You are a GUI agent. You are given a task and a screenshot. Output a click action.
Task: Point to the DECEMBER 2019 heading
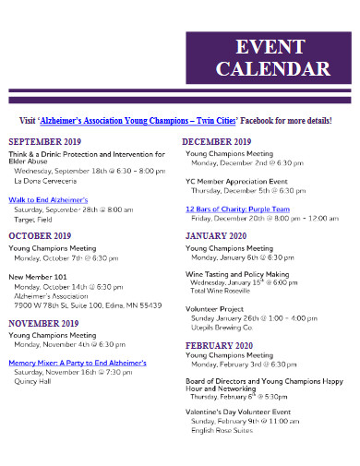[218, 141]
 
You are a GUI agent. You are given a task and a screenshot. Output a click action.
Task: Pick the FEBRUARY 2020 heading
[219, 343]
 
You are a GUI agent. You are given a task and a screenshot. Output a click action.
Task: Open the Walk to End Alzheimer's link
[48, 199]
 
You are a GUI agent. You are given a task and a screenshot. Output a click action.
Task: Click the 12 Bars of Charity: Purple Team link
[238, 209]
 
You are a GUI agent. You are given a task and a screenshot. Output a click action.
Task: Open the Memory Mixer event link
[78, 363]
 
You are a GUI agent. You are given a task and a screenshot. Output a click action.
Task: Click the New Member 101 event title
[38, 276]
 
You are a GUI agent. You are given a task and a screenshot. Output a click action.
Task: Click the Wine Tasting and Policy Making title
[237, 274]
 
